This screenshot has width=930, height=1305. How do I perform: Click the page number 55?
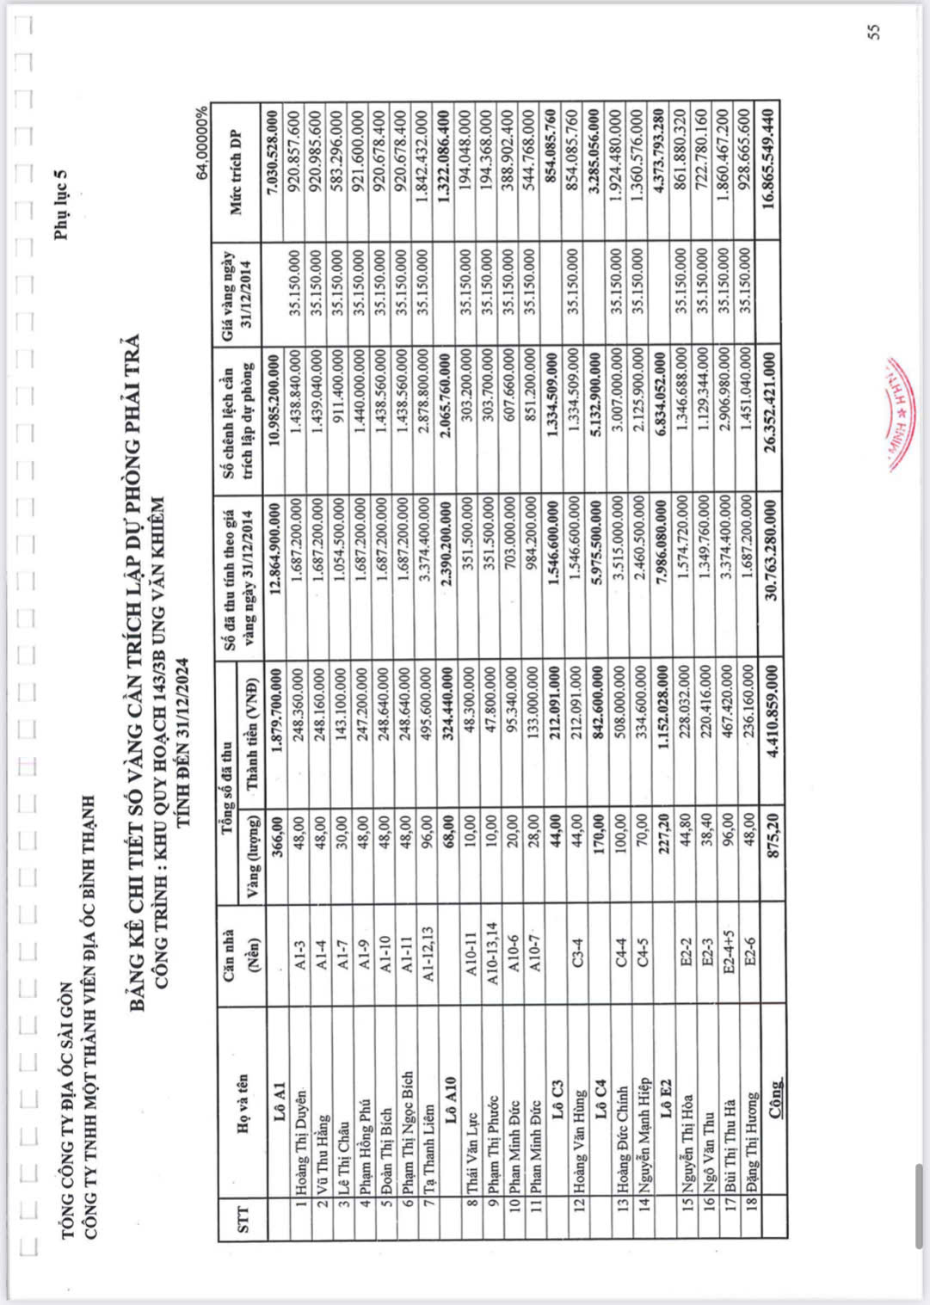coord(873,32)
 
